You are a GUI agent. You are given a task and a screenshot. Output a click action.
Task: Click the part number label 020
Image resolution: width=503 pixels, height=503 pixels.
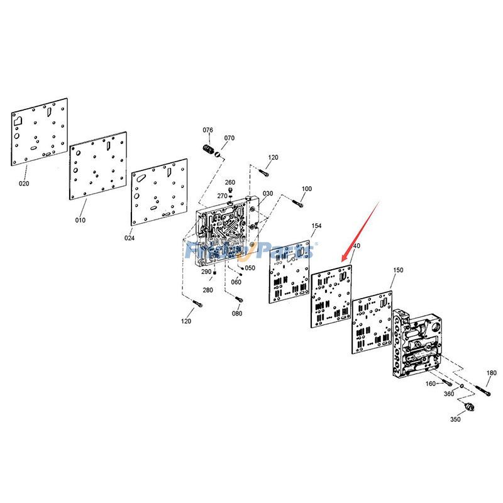pos(24,184)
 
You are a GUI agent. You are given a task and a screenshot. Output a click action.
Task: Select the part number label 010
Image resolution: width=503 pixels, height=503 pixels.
pos(80,220)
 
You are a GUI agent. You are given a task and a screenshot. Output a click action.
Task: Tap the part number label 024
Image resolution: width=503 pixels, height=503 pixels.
pos(129,238)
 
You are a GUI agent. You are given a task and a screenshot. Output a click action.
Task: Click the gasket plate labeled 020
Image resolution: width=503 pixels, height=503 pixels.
pos(39,133)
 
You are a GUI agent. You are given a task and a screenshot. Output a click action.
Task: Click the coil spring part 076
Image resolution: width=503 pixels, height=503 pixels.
pos(206,151)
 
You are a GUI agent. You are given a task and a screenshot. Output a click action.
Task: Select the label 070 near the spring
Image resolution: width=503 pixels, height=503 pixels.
pos(229,138)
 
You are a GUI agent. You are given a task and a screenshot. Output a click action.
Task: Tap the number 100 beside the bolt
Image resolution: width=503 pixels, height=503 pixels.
pos(307,189)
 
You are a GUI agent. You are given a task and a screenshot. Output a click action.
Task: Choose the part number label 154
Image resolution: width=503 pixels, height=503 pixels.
pos(316,225)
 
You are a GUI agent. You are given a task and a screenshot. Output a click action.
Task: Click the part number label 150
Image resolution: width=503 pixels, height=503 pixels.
pos(398,270)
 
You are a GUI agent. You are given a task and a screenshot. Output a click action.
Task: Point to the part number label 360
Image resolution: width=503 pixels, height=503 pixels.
pos(449,394)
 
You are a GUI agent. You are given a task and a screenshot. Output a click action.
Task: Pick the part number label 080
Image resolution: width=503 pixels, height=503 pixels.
pos(236,313)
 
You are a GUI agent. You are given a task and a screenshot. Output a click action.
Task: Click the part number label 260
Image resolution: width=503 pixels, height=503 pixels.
pos(230,182)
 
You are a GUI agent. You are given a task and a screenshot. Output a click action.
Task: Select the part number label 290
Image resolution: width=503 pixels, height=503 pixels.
pos(206,272)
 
